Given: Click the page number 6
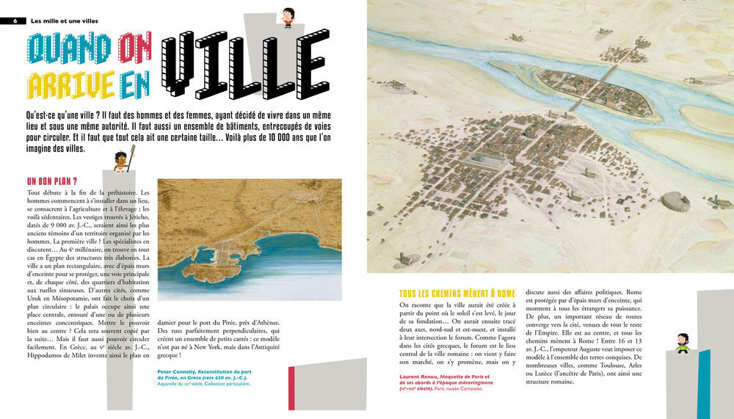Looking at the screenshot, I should (15, 21).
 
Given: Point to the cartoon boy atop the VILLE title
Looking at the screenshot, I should (288, 17).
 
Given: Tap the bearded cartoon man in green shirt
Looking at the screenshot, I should (683, 342).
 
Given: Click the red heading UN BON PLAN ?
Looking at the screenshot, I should (52, 181).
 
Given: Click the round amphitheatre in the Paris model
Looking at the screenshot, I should (675, 200).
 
